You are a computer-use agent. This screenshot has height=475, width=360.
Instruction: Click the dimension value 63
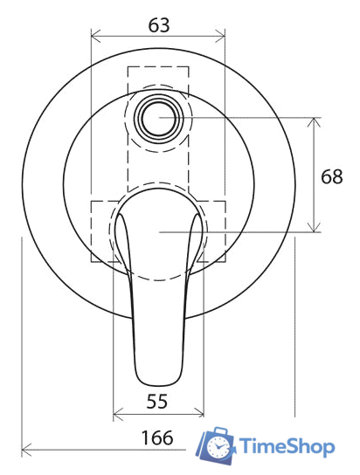[x=158, y=24]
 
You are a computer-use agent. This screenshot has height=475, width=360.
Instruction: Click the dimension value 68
[x=332, y=176]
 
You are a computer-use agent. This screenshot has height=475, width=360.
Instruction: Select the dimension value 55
[x=158, y=402]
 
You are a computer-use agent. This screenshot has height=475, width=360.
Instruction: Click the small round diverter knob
[x=159, y=117]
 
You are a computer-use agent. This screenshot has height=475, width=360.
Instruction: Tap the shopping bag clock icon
[x=216, y=448]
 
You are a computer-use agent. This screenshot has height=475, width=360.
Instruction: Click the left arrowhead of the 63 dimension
[x=94, y=37]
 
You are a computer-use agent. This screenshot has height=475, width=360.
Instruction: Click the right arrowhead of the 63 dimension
[x=222, y=37]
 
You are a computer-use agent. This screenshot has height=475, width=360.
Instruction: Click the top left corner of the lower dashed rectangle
[x=92, y=202]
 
